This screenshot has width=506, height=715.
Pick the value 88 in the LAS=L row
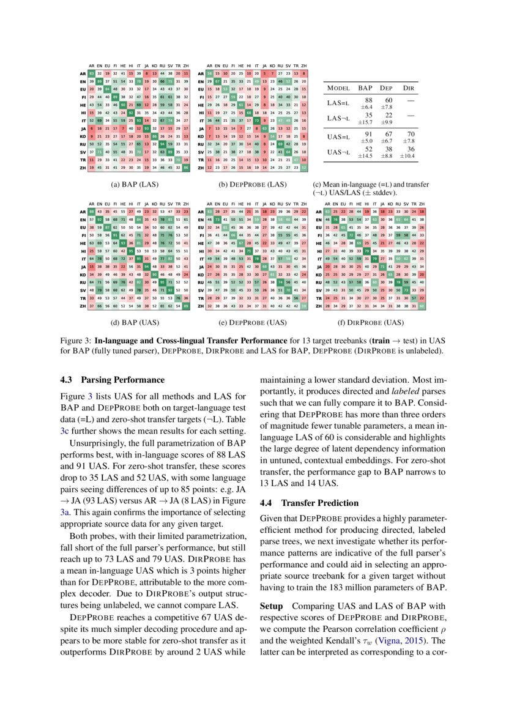(x=368, y=100)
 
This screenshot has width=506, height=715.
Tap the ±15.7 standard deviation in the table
(x=368, y=124)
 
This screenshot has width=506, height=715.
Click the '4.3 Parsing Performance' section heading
(x=112, y=380)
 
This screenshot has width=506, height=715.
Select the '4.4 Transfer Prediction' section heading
(x=310, y=503)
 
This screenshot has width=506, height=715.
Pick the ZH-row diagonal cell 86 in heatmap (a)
(x=185, y=167)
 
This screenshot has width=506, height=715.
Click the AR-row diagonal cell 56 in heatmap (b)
(x=209, y=73)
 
